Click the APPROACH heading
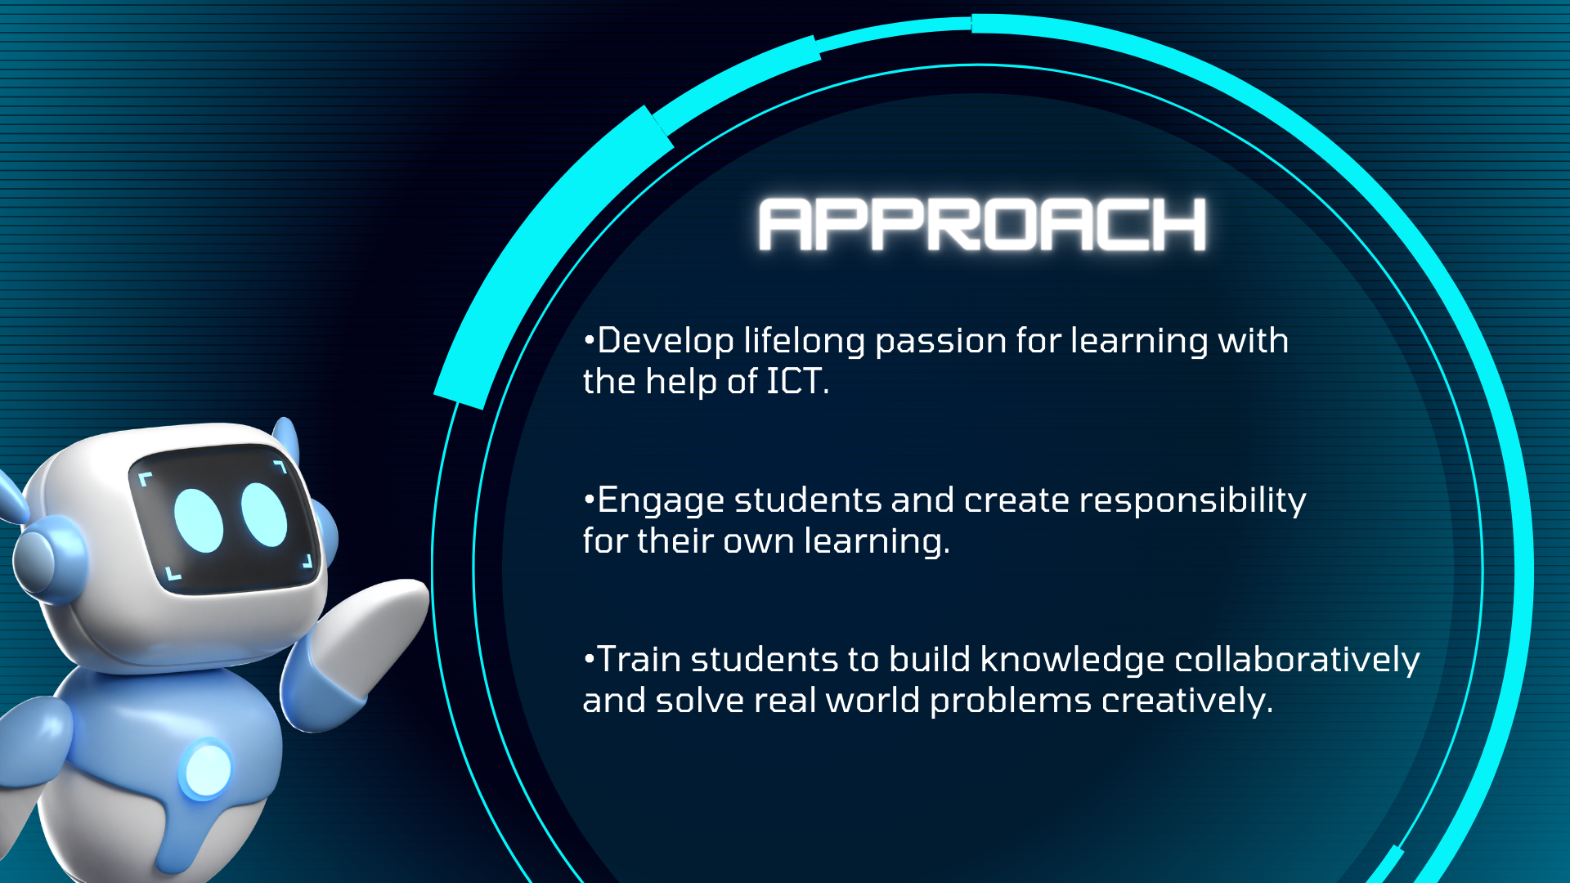tap(982, 224)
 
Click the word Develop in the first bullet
tap(666, 342)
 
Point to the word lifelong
tap(804, 342)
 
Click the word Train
tap(639, 659)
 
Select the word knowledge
tap(1072, 660)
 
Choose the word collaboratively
tap(1297, 660)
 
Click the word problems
tap(1011, 701)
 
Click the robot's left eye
tap(199, 521)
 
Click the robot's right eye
tap(264, 514)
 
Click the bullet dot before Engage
tap(588, 499)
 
